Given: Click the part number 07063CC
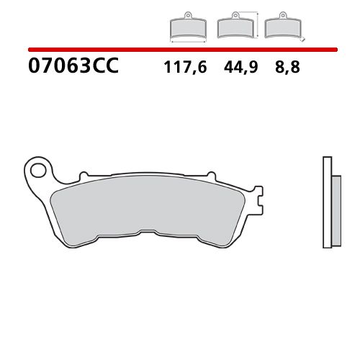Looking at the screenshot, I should [72, 68].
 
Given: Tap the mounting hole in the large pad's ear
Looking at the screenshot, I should [37, 171].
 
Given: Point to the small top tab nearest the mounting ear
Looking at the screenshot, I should [84, 174].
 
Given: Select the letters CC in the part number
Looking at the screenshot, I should [105, 68].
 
